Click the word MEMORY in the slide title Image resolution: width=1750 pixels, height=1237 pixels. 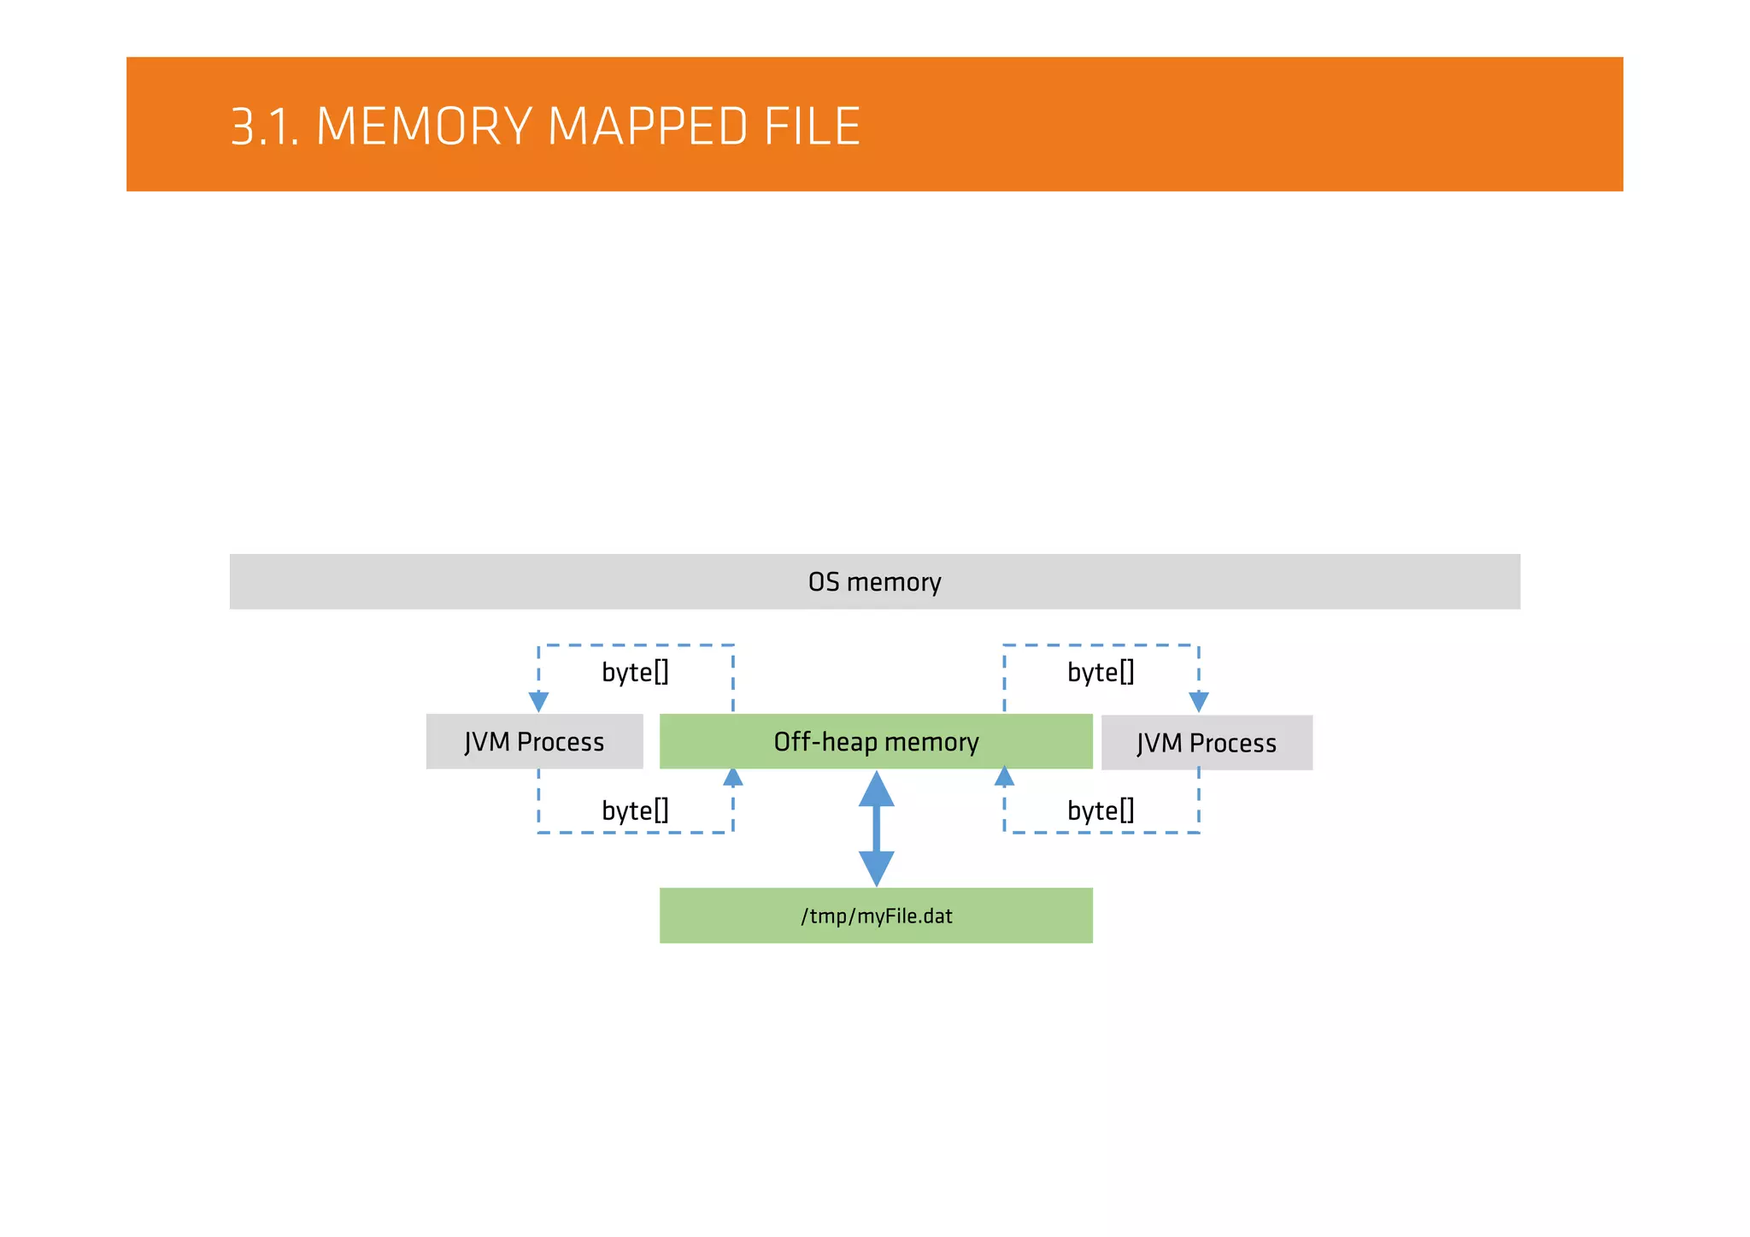pyautogui.click(x=425, y=127)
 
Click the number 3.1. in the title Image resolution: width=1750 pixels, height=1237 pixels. pyautogui.click(x=265, y=127)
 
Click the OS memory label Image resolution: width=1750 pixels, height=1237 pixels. pyautogui.click(x=874, y=582)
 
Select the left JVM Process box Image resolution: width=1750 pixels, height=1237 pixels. pyautogui.click(x=534, y=741)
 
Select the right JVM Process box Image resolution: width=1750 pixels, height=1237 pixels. pyautogui.click(x=1207, y=743)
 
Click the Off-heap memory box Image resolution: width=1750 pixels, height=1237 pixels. pyautogui.click(x=876, y=741)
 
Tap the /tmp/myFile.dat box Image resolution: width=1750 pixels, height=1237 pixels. pyautogui.click(x=876, y=916)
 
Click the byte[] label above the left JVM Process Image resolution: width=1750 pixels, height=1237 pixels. pyautogui.click(x=635, y=672)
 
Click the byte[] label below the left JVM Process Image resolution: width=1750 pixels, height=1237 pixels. pyautogui.click(x=635, y=810)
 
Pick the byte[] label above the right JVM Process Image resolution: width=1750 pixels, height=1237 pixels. pyautogui.click(x=1101, y=672)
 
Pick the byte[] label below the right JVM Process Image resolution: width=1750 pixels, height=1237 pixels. pyautogui.click(x=1101, y=810)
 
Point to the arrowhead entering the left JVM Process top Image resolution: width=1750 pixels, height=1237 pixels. pyautogui.click(x=538, y=702)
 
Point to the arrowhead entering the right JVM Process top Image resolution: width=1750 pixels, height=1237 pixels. pyautogui.click(x=1199, y=702)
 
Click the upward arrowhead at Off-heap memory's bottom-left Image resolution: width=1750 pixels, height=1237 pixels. pyautogui.click(x=733, y=777)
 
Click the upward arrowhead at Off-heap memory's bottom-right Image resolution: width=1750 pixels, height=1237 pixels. pyautogui.click(x=1005, y=777)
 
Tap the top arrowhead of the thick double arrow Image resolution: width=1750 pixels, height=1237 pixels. pyautogui.click(x=877, y=791)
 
